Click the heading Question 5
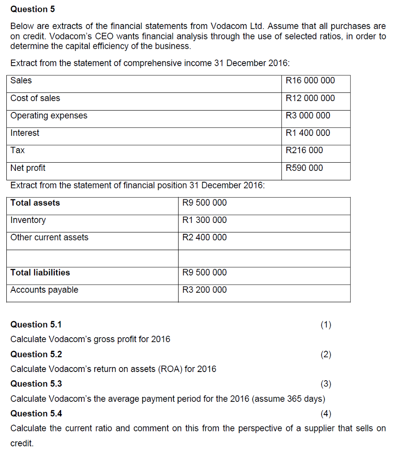coord(29,9)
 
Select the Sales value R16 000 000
coord(310,81)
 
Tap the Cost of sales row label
coord(35,98)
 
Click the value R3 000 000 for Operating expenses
coord(308,116)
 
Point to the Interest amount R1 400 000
coord(308,133)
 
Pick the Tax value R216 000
coord(305,150)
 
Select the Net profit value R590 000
coord(305,168)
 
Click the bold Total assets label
coord(35,203)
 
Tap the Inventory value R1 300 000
coord(204,220)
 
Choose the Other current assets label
coord(49,237)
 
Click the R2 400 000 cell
coord(204,237)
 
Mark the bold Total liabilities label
coord(40,273)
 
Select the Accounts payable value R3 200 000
coord(204,290)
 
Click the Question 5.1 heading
coord(36,324)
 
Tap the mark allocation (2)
coord(326,354)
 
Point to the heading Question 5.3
coord(36,384)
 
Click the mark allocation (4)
coord(326,413)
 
